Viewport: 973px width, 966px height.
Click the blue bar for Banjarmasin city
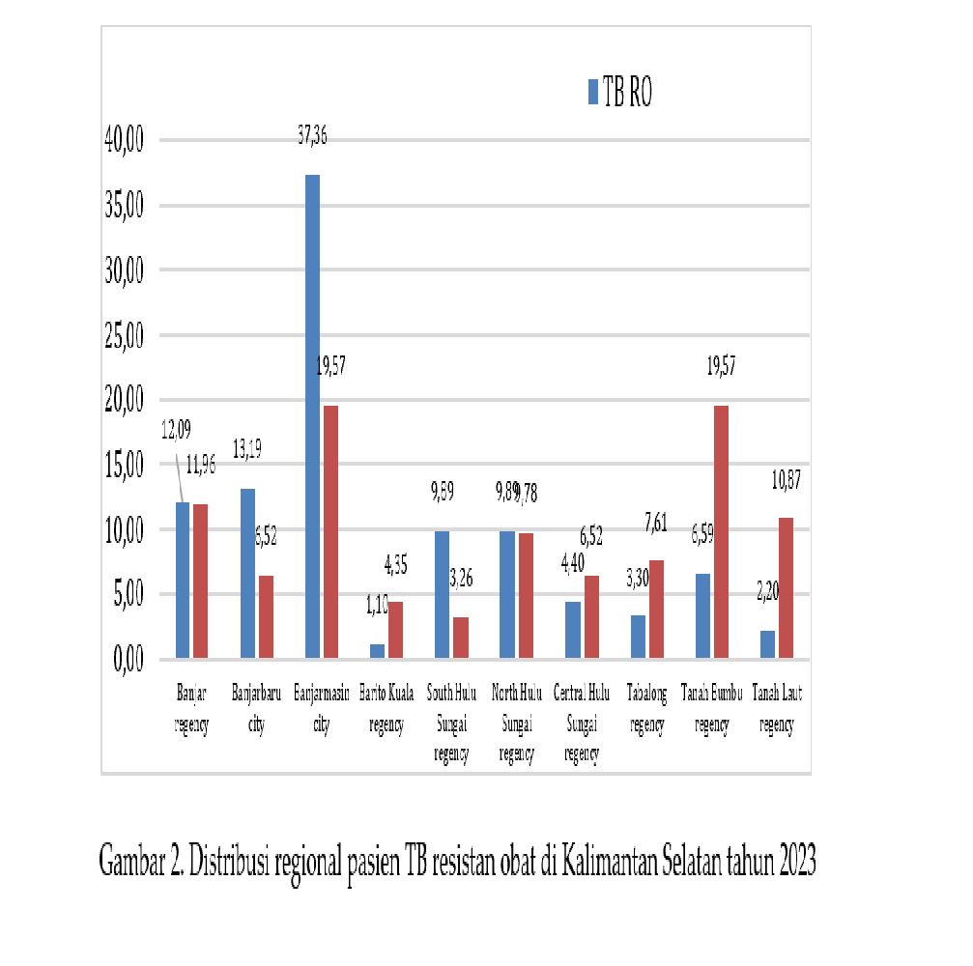coord(312,416)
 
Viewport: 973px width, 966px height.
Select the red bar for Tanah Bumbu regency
coord(720,532)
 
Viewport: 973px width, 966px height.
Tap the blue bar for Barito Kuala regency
coord(377,651)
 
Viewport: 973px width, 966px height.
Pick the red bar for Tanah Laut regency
coord(786,588)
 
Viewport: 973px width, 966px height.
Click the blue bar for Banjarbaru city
coord(247,574)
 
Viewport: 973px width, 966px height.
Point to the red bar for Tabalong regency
coord(655,610)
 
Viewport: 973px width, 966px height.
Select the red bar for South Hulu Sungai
coord(460,638)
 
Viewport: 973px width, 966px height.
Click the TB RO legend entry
coord(621,92)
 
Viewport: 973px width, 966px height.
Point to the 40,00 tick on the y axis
coord(123,140)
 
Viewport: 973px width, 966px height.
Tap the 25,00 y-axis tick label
coord(123,335)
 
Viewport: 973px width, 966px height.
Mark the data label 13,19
coord(253,448)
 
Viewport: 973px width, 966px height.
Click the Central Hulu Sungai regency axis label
coord(582,725)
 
